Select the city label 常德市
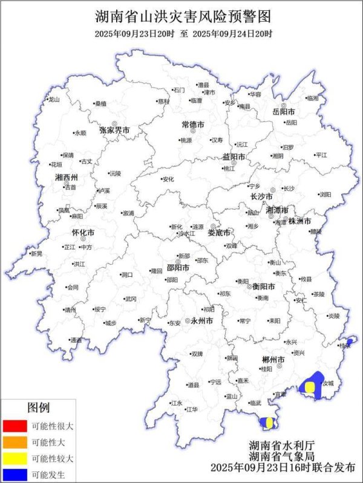[194, 125]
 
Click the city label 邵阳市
[178, 267]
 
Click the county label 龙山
[54, 99]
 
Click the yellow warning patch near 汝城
[310, 387]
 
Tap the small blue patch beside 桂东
[349, 342]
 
